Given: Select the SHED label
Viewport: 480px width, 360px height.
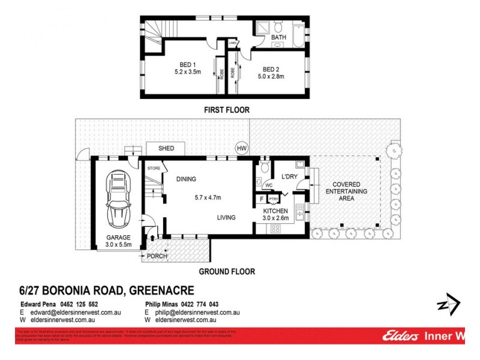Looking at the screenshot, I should [166, 148].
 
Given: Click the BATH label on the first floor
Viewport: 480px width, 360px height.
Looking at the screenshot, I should [279, 38].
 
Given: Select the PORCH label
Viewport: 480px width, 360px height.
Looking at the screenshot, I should [158, 257].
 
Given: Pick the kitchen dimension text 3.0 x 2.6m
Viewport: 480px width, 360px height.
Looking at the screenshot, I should [277, 218].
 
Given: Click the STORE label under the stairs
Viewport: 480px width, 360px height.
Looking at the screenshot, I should [154, 169].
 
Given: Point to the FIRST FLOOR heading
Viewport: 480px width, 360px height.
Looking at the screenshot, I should [226, 110].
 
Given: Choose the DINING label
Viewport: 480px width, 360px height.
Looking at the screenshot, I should [186, 179].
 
